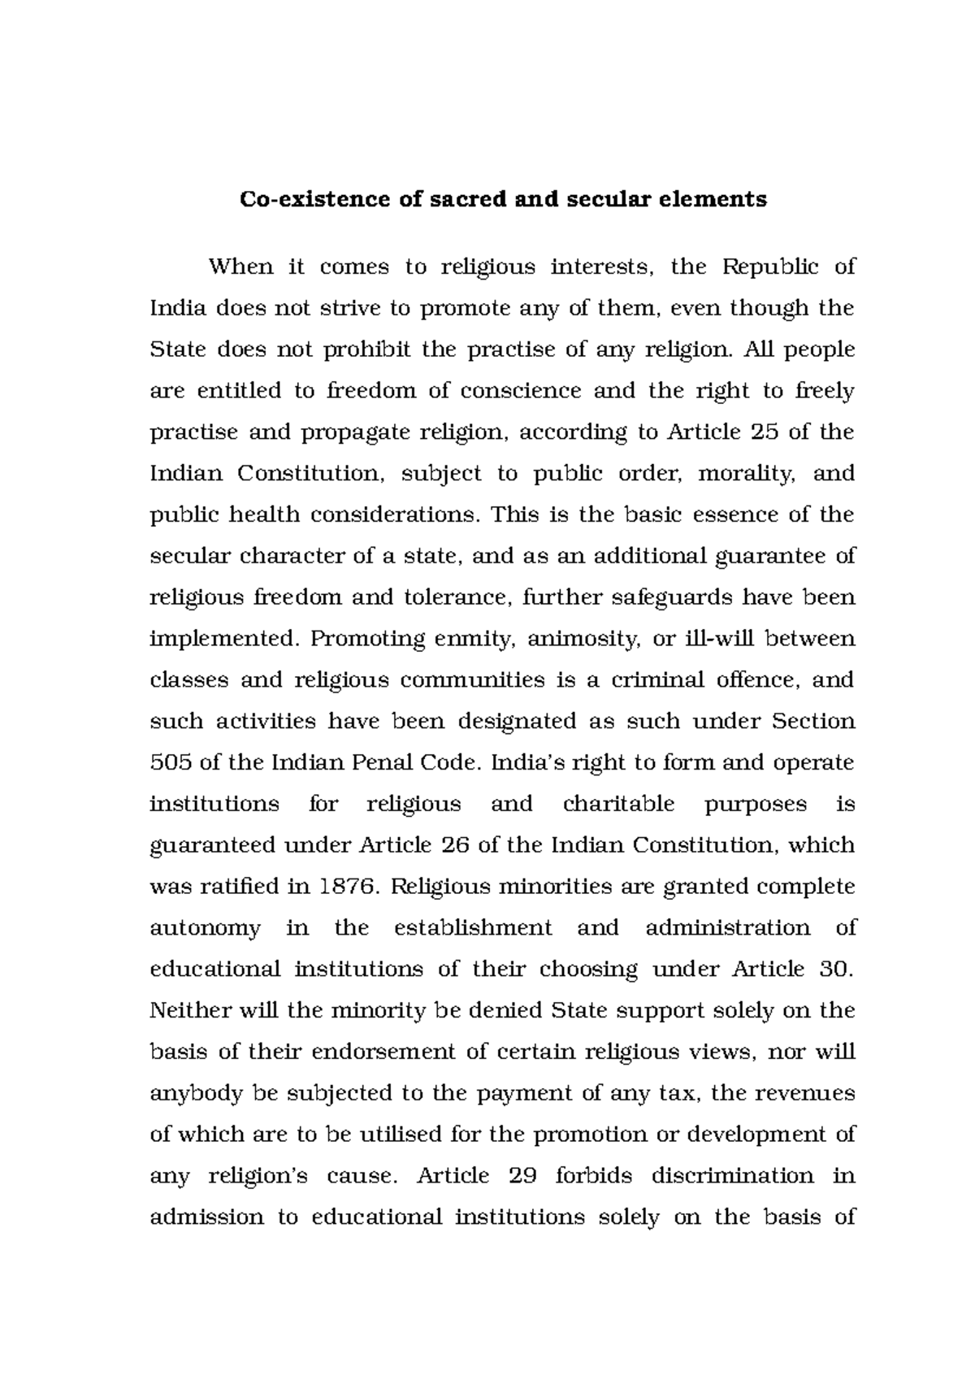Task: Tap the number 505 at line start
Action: [169, 763]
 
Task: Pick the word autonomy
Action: [206, 929]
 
